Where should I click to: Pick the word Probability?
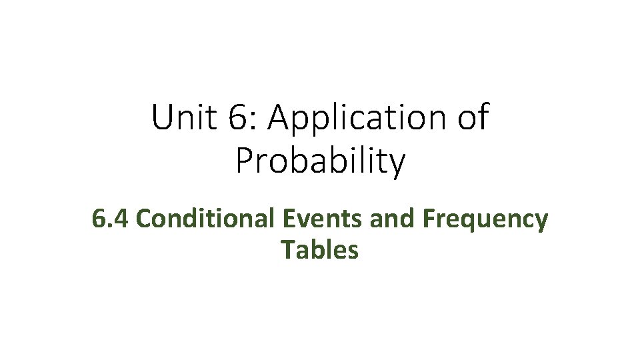coord(320,161)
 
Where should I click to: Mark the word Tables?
coord(320,249)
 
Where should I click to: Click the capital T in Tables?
coord(287,249)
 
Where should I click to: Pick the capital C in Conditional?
coord(147,218)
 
